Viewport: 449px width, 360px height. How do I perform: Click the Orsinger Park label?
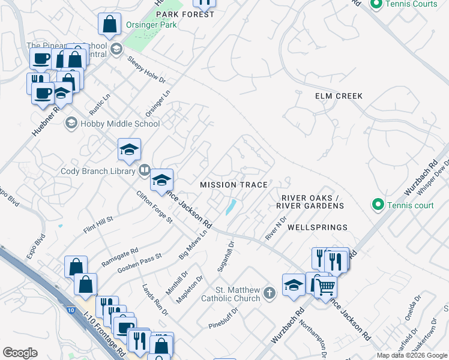[x=151, y=26]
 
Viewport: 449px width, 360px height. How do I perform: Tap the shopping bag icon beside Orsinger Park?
[x=110, y=24]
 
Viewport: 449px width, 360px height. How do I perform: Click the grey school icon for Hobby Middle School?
[x=71, y=124]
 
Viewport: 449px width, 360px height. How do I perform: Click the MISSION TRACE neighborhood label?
[x=234, y=185]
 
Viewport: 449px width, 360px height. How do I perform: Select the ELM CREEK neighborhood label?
[x=339, y=95]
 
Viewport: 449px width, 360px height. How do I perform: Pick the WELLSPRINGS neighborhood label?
[x=318, y=227]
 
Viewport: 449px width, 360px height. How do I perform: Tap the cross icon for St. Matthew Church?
[x=270, y=294]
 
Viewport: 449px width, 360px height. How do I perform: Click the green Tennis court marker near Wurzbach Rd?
[x=378, y=205]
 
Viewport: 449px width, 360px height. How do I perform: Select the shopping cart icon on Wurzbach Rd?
[x=325, y=286]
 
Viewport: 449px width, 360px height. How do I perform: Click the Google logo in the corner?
[x=20, y=352]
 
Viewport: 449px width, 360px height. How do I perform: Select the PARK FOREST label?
[x=185, y=14]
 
